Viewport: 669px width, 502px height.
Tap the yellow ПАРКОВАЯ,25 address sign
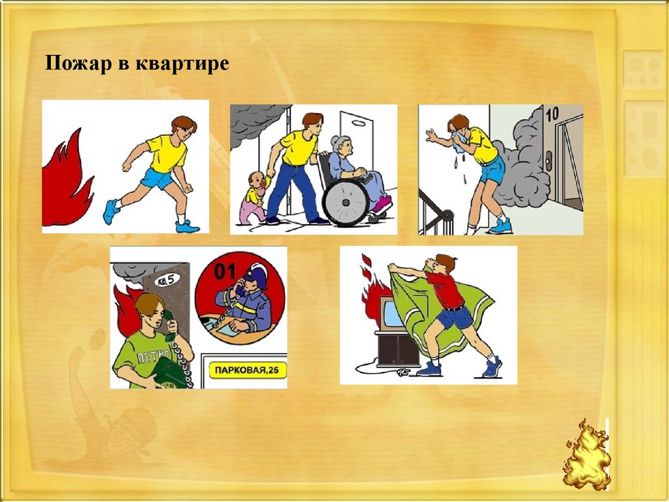[248, 370]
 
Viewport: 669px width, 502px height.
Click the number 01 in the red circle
[225, 271]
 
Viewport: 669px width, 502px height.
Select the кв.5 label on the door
[167, 280]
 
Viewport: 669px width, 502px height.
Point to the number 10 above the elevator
[552, 114]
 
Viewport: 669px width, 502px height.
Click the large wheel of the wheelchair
[346, 203]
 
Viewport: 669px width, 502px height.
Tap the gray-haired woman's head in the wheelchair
[342, 146]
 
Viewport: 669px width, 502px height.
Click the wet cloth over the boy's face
[459, 142]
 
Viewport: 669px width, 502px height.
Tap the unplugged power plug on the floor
[402, 373]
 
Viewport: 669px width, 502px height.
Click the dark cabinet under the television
[398, 348]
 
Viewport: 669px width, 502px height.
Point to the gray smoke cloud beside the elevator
[521, 160]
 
